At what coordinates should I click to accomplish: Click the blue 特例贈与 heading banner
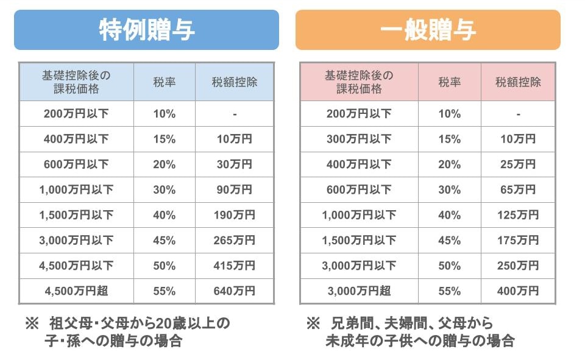click(146, 30)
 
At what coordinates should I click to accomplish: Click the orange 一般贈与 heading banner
click(428, 30)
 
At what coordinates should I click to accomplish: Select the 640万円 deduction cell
click(234, 291)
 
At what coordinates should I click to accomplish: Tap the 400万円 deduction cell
click(518, 291)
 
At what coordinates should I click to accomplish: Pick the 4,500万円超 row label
click(76, 291)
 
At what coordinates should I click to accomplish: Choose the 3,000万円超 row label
click(359, 291)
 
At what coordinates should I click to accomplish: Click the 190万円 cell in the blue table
click(234, 215)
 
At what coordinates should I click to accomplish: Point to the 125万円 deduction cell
click(518, 215)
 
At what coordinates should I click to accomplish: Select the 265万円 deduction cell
click(234, 241)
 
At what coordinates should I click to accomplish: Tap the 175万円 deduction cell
click(518, 241)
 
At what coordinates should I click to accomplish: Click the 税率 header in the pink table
click(449, 82)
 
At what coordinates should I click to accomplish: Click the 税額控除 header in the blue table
click(234, 82)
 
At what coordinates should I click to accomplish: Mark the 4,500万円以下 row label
click(76, 266)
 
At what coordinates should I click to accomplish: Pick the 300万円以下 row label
click(359, 139)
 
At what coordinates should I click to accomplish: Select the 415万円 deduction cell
click(234, 266)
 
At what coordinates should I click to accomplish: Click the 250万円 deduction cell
click(518, 266)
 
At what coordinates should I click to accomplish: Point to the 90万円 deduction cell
click(234, 189)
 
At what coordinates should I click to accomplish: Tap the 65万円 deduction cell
click(518, 189)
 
